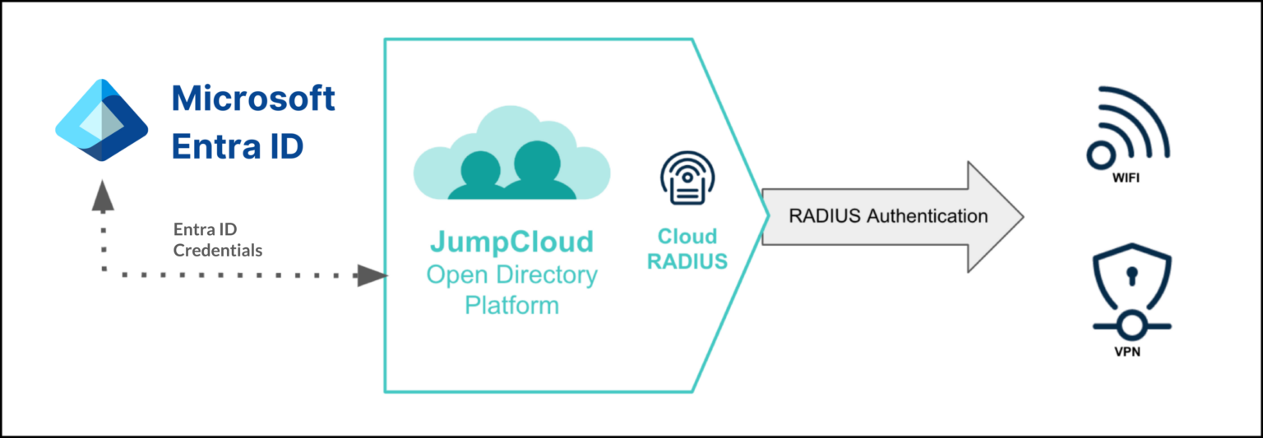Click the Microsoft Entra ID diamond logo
[x=101, y=121]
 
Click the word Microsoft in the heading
[x=253, y=99]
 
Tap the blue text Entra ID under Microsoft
[x=237, y=146]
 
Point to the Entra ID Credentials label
[x=217, y=240]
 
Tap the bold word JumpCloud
[x=511, y=242]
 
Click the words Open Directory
[x=511, y=274]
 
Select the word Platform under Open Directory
[x=511, y=306]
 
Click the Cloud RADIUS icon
[x=687, y=179]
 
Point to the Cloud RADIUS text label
[x=687, y=249]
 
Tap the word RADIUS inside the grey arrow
[x=822, y=216]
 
